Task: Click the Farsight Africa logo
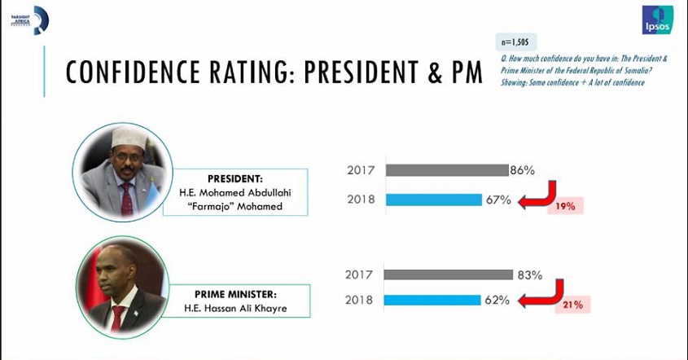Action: pos(30,20)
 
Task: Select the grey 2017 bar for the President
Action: pos(447,170)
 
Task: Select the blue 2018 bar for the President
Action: pos(433,200)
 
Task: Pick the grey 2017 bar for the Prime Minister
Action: pos(449,275)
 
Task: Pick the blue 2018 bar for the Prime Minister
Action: pos(432,300)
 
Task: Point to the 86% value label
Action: pos(522,170)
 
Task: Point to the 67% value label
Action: pos(499,200)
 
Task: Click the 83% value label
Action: pos(529,275)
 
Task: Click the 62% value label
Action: pos(497,300)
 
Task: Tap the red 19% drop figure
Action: pos(566,207)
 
